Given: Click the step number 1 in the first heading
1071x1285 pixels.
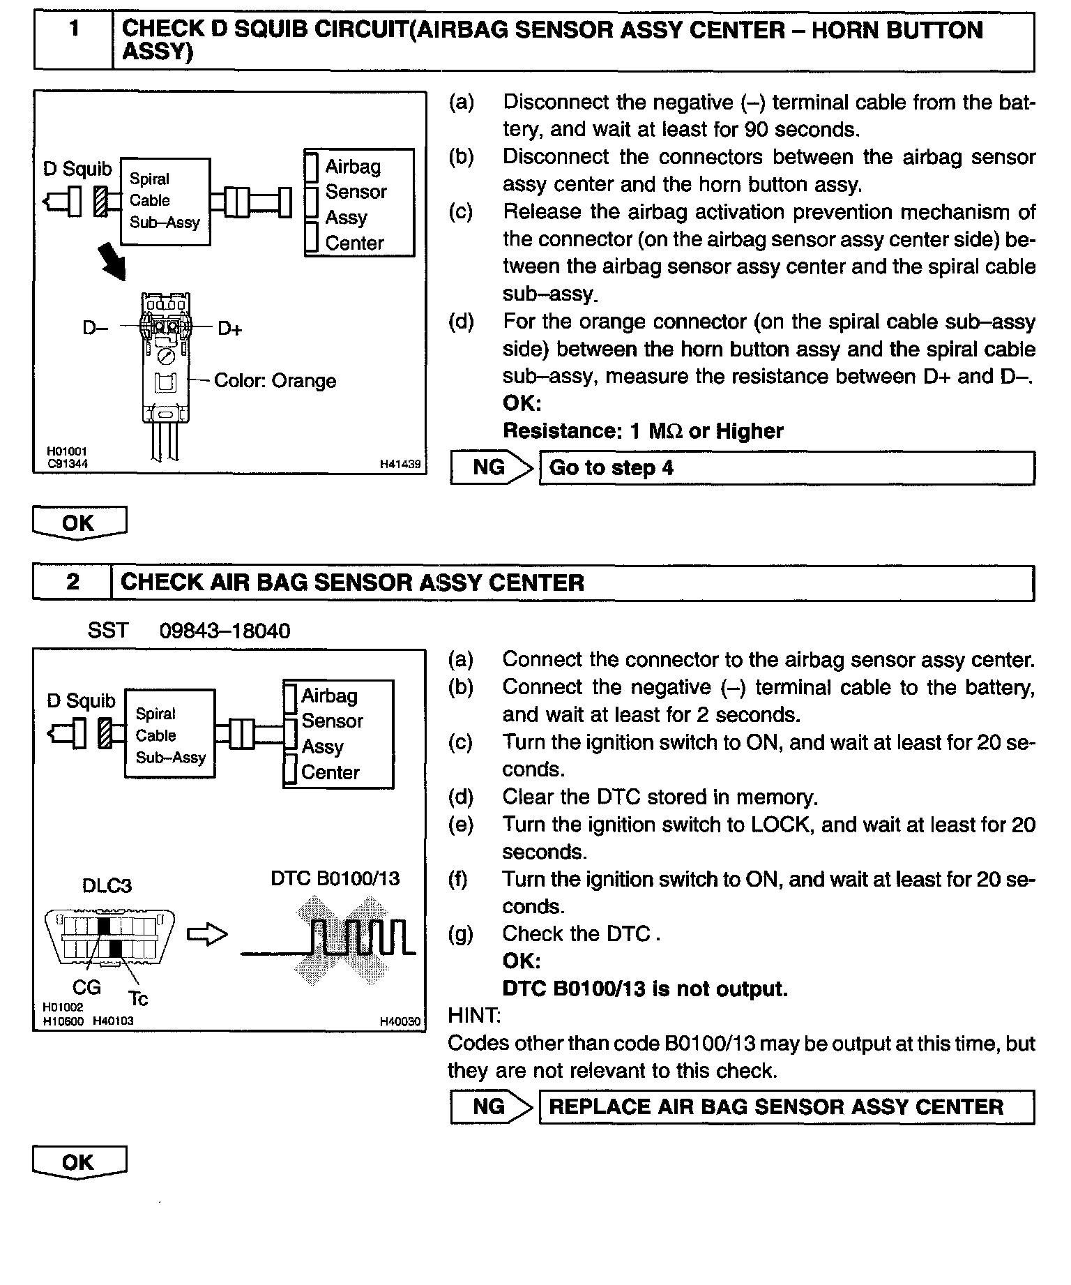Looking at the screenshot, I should tap(73, 29).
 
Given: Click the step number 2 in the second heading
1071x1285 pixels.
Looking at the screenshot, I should tap(73, 582).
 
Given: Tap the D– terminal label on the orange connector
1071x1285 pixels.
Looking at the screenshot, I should tap(96, 328).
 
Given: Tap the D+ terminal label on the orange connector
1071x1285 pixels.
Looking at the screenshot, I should tap(229, 328).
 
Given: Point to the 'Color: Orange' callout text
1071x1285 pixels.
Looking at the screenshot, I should tap(275, 381).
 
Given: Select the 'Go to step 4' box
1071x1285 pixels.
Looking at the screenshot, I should tap(786, 467).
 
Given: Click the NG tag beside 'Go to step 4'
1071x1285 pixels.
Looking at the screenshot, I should tap(489, 467).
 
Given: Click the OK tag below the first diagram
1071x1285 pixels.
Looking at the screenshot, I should tap(79, 523).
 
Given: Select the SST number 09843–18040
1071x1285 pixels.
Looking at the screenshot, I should tap(225, 631).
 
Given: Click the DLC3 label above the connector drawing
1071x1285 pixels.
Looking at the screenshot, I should tap(107, 885).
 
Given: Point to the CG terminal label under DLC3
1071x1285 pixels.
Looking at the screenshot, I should tap(86, 987).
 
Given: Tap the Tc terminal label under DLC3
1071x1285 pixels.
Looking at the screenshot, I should tap(138, 999).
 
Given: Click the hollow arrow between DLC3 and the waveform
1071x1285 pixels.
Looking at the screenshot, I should tap(207, 935).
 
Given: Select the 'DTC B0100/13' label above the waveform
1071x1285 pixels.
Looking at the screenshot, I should tap(335, 878).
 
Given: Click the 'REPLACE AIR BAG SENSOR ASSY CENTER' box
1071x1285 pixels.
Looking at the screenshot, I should tap(786, 1106).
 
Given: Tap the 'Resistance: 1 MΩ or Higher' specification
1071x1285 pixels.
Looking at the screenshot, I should tap(642, 431).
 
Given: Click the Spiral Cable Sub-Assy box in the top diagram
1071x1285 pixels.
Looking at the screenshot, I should tap(165, 201).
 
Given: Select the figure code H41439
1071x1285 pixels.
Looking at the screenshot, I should tap(400, 463).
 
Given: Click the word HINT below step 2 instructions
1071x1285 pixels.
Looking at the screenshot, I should tap(474, 1015).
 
